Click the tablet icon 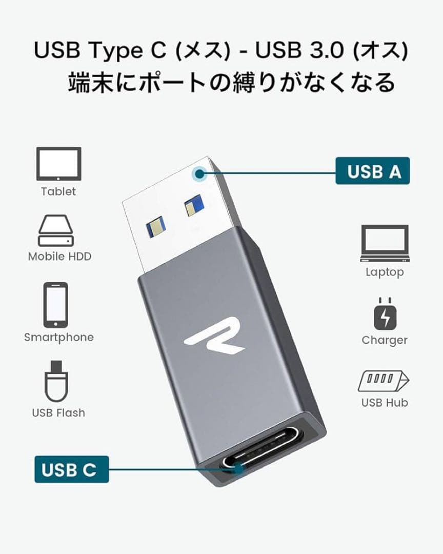(58, 164)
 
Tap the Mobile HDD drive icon (56, 230)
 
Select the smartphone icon (55, 305)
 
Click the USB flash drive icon (56, 381)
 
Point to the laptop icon (385, 243)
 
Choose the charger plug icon (385, 314)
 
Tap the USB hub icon (384, 381)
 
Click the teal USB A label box (372, 171)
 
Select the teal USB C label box (72, 469)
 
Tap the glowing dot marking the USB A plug (200, 173)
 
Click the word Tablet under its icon (58, 191)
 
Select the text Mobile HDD (59, 256)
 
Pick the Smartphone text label (59, 338)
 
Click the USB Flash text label (58, 412)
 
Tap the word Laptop (385, 272)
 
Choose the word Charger (385, 340)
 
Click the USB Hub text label (385, 403)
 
